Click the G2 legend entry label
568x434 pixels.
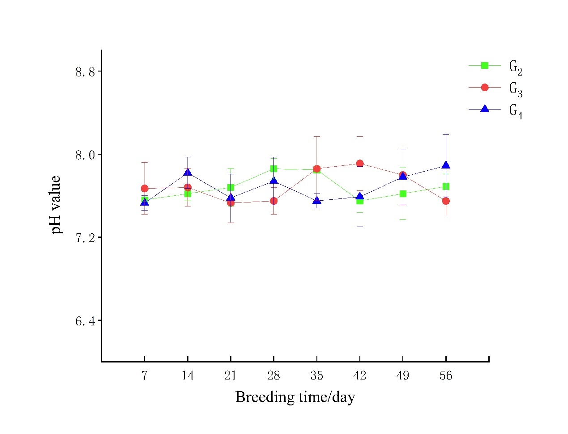coord(516,67)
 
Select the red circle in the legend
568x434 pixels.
coord(484,88)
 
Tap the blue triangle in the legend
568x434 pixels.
coord(484,109)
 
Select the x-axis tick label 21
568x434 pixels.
coord(231,375)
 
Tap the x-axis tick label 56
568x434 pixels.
coord(446,375)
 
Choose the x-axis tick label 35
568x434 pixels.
coord(316,375)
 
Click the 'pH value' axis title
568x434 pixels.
coord(56,205)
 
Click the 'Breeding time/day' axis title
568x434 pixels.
coord(295,397)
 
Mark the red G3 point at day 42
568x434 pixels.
coord(359,164)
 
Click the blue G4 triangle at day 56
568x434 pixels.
coord(446,165)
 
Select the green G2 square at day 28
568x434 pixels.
coord(273,169)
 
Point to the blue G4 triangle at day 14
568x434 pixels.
coord(188,173)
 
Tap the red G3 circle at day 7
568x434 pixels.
coord(144,189)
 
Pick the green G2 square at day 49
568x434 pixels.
coord(403,194)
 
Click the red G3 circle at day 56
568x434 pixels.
coord(446,201)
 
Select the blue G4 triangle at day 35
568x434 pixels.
coord(316,200)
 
